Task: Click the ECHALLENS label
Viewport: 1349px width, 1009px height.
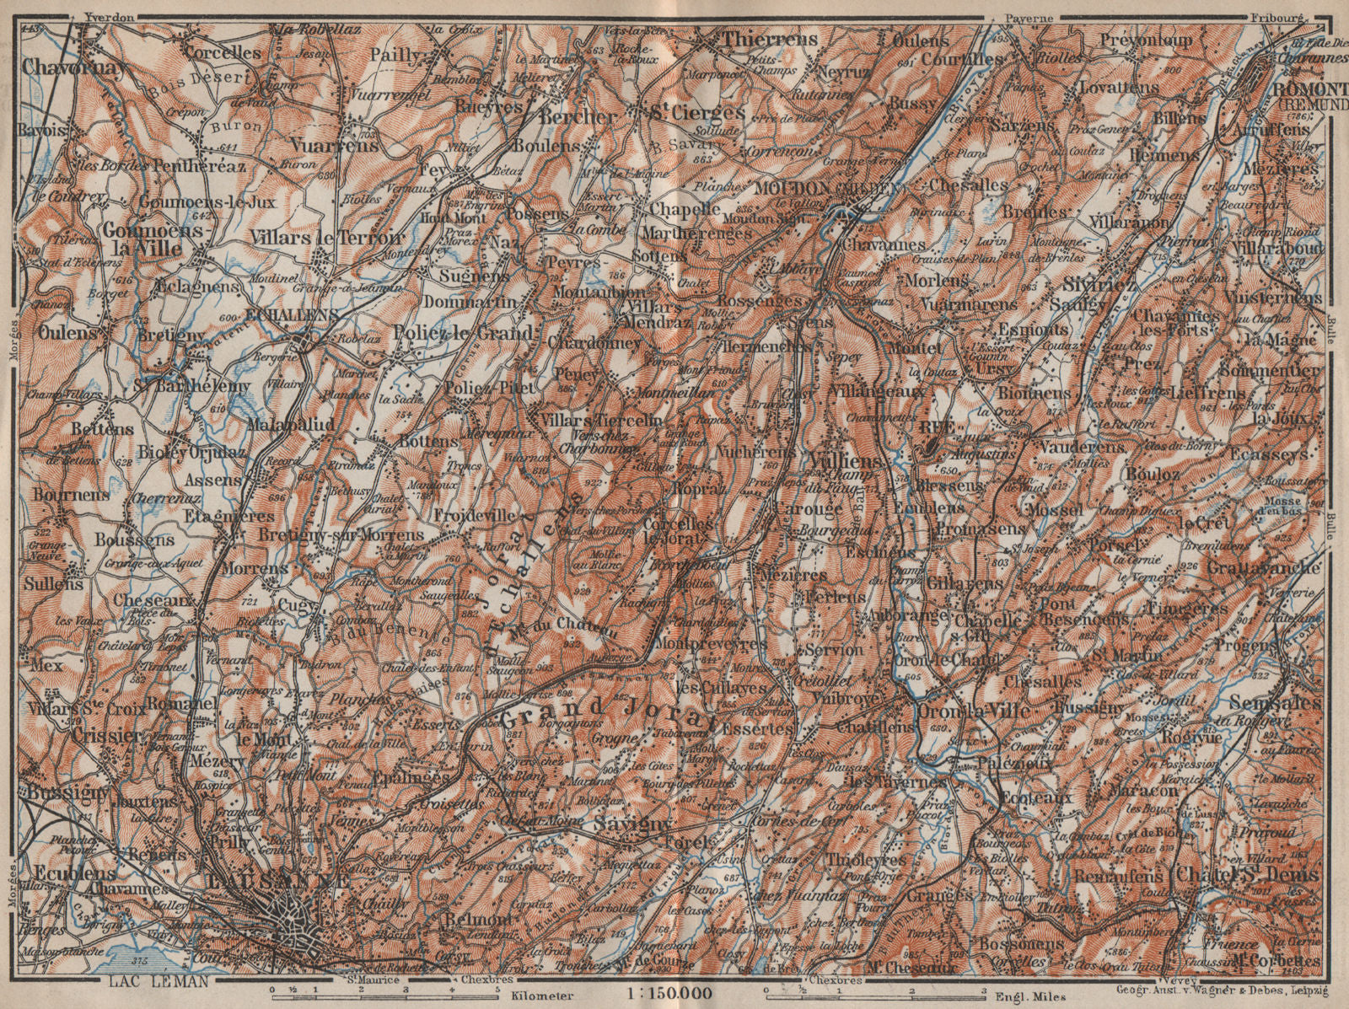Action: [x=291, y=314]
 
